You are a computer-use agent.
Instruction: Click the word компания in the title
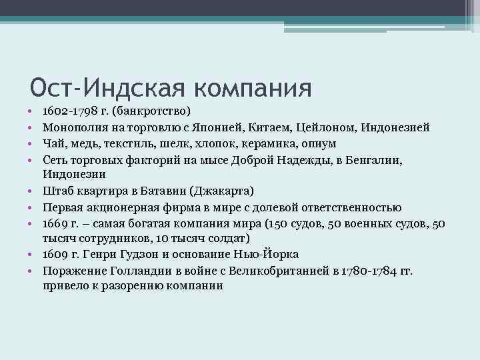tap(254, 87)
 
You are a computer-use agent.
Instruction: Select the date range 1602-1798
tap(72, 111)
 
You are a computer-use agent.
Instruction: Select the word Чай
tap(53, 144)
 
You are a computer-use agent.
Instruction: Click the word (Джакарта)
tap(220, 191)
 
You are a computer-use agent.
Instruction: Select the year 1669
tap(56, 223)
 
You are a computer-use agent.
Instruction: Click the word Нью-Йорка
tap(267, 255)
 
